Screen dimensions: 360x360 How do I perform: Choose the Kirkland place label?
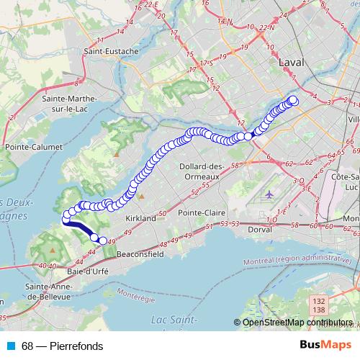(x=140, y=217)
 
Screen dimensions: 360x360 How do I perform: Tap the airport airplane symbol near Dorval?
(x=269, y=194)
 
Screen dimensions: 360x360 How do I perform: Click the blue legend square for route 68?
(x=8, y=346)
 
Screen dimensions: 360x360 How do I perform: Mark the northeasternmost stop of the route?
(x=293, y=101)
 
